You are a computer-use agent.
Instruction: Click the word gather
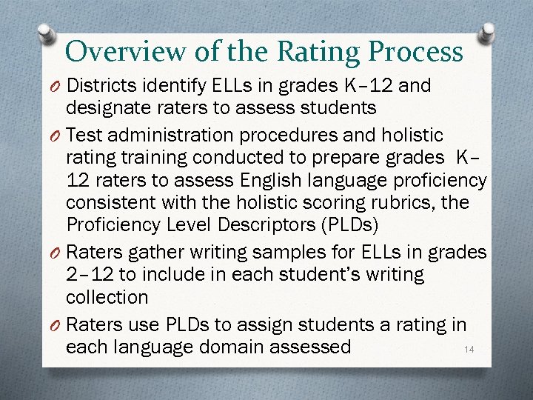[158, 253]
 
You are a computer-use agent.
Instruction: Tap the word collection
[107, 297]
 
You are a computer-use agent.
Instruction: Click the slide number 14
[467, 349]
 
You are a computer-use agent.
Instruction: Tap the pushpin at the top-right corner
[488, 33]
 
